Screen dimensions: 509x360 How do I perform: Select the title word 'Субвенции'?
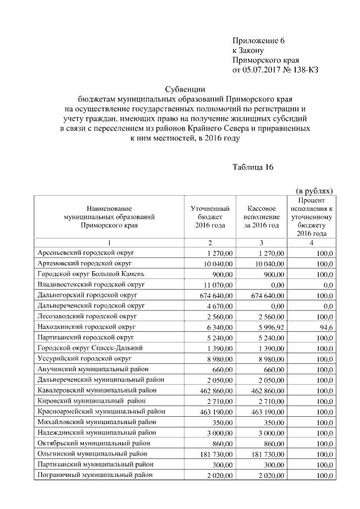tap(185, 89)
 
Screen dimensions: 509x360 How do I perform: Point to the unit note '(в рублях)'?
tap(314, 191)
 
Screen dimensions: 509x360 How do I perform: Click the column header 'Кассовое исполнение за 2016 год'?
tap(262, 217)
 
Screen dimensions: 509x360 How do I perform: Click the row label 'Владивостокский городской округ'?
tap(92, 284)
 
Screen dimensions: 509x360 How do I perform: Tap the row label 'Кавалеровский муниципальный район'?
tap(97, 390)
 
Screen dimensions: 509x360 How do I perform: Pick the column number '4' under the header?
tap(312, 242)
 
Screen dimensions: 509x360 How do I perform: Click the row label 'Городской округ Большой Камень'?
tap(91, 273)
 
